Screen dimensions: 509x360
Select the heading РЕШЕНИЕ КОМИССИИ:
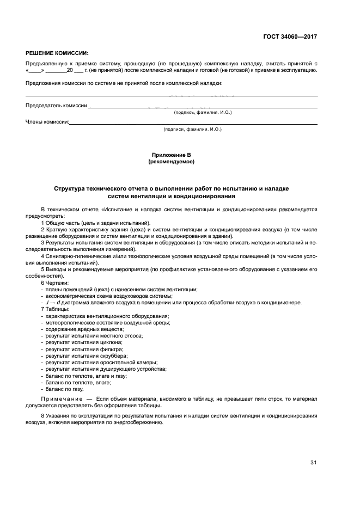[57, 53]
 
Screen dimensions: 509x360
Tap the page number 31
[313, 463]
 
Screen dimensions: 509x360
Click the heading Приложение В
[171, 155]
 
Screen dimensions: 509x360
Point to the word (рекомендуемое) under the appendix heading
[171, 162]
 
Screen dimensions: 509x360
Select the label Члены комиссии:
[47, 122]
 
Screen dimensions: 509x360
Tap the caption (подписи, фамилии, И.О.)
[193, 129]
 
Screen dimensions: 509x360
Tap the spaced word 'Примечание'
[63, 399]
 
